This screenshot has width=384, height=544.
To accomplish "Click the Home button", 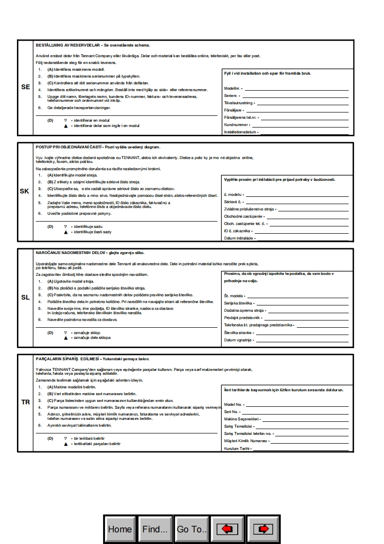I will click(x=120, y=529).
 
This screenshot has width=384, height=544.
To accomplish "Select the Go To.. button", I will click(x=192, y=529).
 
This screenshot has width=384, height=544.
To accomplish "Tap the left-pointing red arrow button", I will click(x=228, y=529).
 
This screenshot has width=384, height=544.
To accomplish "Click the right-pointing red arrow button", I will click(x=263, y=529).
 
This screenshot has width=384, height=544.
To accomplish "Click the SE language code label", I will click(x=26, y=87).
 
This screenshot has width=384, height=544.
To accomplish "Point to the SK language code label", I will click(x=25, y=191).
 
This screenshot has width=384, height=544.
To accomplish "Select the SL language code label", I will click(x=26, y=297).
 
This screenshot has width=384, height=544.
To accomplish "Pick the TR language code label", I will click(x=25, y=402).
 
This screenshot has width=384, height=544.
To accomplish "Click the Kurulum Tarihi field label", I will click(x=237, y=449).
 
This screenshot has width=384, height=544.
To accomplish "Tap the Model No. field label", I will click(x=233, y=404).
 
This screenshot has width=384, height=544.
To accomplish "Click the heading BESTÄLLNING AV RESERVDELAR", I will click(x=68, y=45).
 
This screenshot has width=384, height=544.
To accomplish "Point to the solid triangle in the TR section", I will click(x=65, y=444).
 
